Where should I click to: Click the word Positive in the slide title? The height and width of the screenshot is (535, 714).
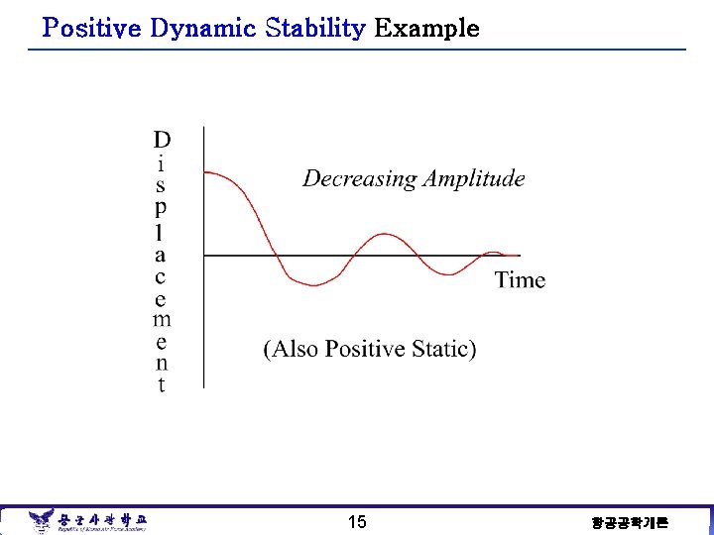pyautogui.click(x=93, y=29)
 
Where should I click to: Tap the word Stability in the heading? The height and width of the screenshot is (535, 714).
pyautogui.click(x=317, y=29)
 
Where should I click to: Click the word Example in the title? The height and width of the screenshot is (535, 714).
pyautogui.click(x=426, y=29)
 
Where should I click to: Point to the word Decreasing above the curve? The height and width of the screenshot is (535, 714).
pyautogui.click(x=359, y=179)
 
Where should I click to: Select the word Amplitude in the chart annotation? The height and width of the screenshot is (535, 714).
pyautogui.click(x=474, y=179)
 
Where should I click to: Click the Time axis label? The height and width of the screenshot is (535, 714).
pyautogui.click(x=520, y=280)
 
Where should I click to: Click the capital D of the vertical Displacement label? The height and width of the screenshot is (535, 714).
pyautogui.click(x=162, y=140)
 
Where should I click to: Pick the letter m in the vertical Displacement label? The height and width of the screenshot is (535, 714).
pyautogui.click(x=162, y=319)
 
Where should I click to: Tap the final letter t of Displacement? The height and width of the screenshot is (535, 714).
pyautogui.click(x=162, y=385)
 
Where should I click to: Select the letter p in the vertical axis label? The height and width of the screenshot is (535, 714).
pyautogui.click(x=162, y=207)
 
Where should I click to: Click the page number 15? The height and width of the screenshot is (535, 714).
pyautogui.click(x=357, y=522)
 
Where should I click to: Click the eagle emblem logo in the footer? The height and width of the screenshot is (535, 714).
pyautogui.click(x=41, y=520)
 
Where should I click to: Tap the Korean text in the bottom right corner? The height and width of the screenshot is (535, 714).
pyautogui.click(x=630, y=522)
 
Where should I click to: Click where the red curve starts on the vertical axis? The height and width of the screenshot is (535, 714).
pyautogui.click(x=204, y=172)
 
